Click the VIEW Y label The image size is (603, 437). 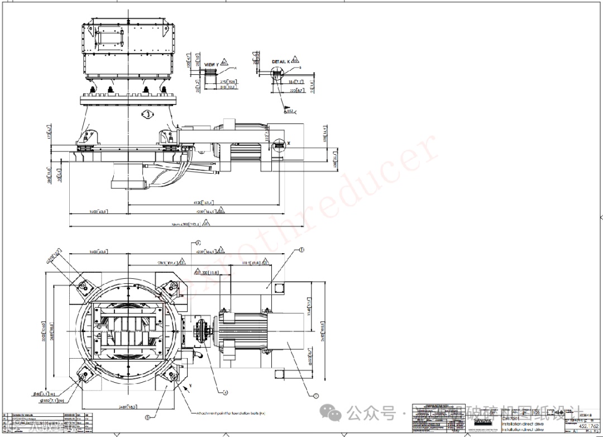click(212, 65)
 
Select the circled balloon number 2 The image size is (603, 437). click(315, 396)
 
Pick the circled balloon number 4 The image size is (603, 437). click(226, 392)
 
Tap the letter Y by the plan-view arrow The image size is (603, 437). click(190, 386)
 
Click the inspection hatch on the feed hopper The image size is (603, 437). click(111, 36)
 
